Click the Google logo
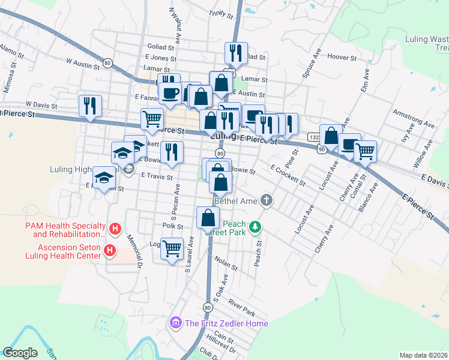point(20,353)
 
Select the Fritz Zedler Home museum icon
point(176,323)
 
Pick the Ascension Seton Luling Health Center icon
point(109,250)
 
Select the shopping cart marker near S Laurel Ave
point(172,248)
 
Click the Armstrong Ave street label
point(412,118)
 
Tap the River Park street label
point(241,310)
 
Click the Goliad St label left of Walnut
point(160,46)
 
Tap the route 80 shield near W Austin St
point(107,62)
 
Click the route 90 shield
point(322,148)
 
